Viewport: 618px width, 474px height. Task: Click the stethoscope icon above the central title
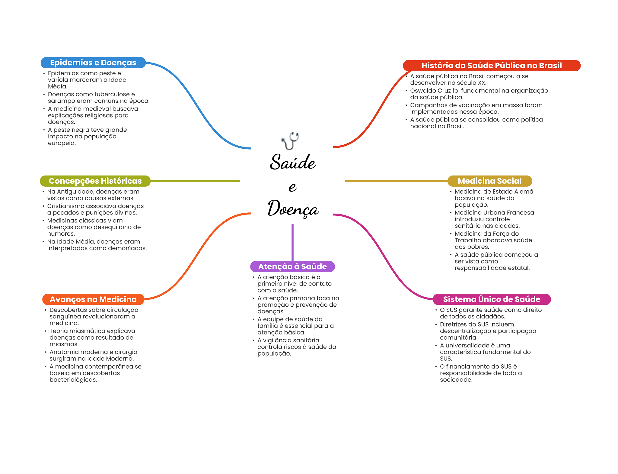click(290, 140)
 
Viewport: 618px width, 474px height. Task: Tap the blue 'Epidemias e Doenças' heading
click(93, 63)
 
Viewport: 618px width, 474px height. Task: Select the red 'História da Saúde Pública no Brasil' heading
click(491, 66)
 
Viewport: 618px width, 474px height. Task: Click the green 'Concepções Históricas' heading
click(95, 181)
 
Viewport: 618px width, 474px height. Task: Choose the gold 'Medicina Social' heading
click(489, 181)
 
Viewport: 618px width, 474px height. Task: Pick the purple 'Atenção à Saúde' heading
click(292, 266)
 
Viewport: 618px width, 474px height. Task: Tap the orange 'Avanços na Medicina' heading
click(93, 299)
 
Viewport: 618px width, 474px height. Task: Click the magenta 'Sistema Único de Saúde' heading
click(491, 299)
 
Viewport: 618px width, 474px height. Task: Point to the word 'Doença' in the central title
click(293, 209)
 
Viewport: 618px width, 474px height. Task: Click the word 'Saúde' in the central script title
click(293, 162)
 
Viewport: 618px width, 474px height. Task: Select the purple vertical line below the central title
click(292, 242)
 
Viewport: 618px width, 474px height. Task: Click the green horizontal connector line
click(195, 181)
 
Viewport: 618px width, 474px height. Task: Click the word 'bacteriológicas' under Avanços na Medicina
click(73, 380)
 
